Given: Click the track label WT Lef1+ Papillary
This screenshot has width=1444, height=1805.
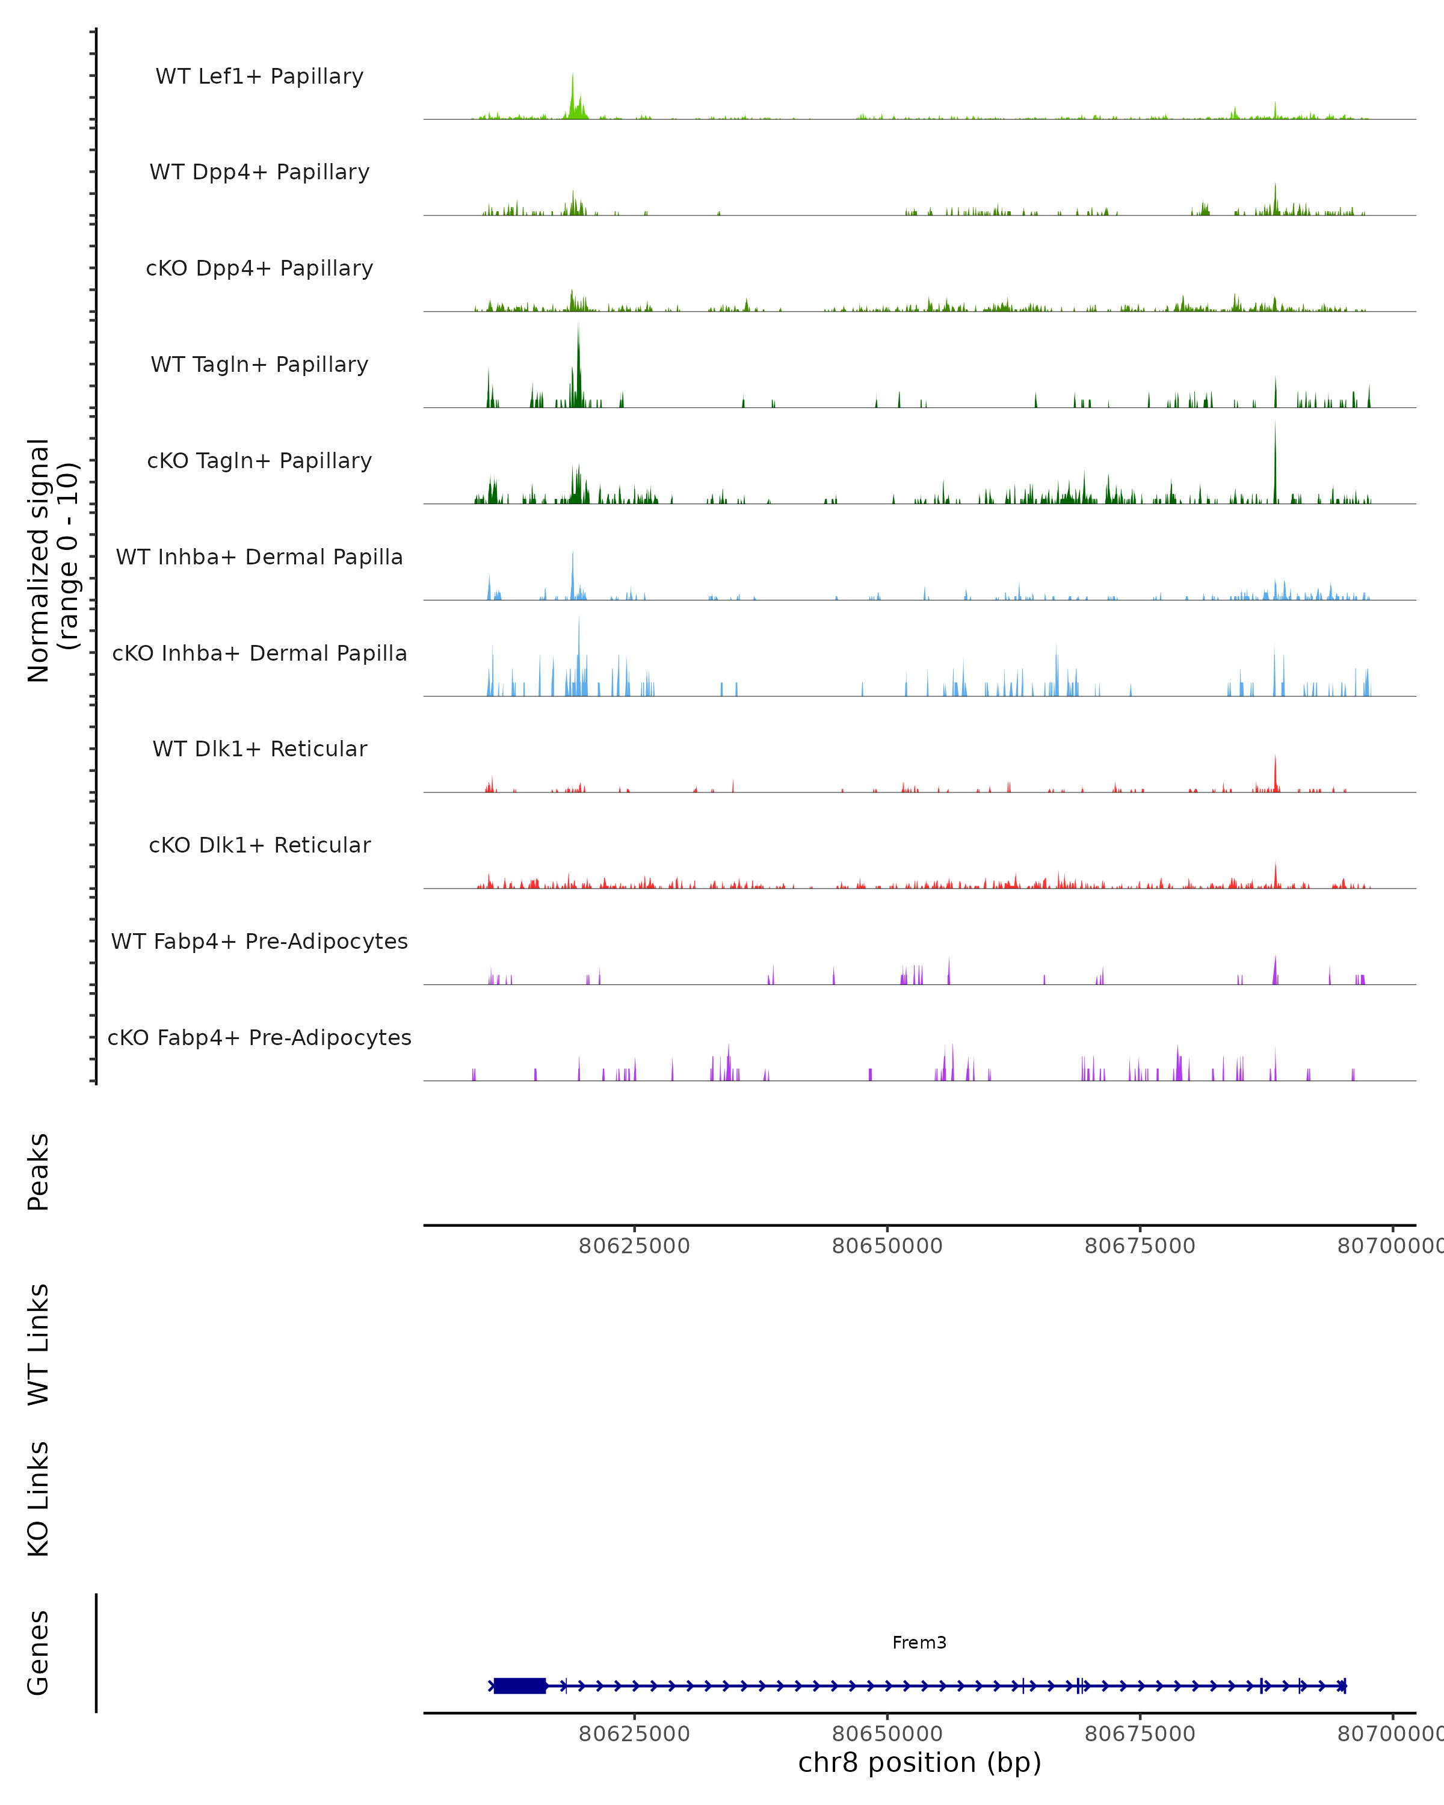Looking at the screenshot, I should pos(259,76).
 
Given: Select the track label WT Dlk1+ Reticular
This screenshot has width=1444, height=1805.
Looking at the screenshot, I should pos(259,748).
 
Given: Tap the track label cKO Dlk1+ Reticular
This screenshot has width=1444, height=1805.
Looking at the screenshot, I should pos(259,845).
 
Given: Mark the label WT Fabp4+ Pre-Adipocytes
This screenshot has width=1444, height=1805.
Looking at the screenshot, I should pos(259,941).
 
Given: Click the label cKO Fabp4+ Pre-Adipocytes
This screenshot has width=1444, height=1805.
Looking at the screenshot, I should pos(259,1037).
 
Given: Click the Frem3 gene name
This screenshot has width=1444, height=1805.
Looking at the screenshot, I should pos(919,1643).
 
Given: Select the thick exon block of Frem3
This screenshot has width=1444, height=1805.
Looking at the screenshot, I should pos(520,1685).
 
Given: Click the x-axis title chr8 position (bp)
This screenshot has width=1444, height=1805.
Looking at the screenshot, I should pos(919,1762).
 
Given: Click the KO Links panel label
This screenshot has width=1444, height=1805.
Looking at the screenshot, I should pos(39,1499).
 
